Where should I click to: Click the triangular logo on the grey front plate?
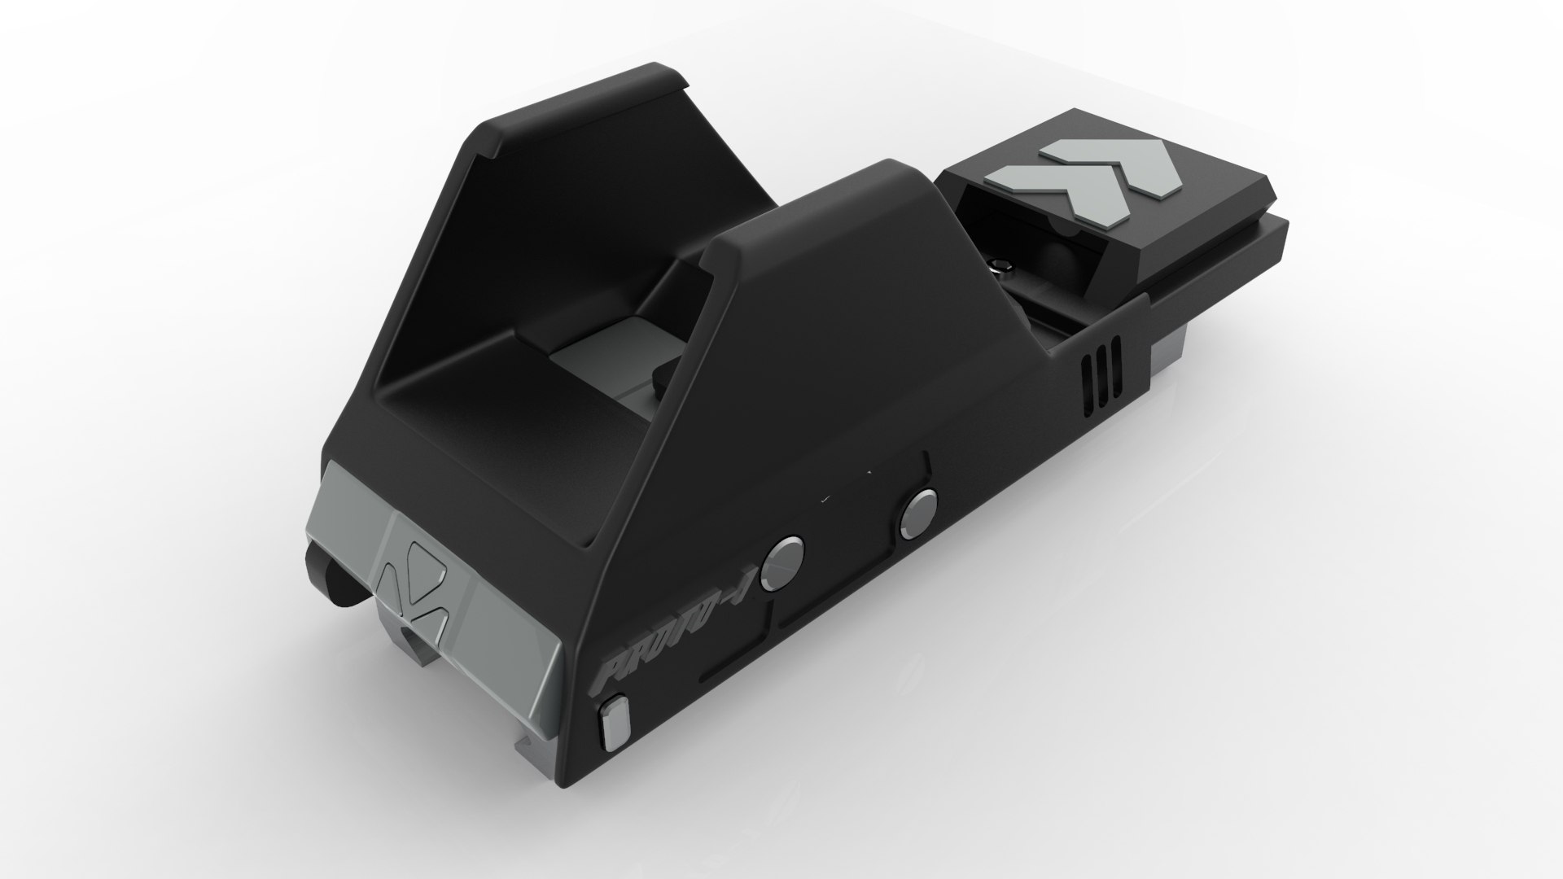coord(416,581)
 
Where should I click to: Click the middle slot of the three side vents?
coord(1102,374)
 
